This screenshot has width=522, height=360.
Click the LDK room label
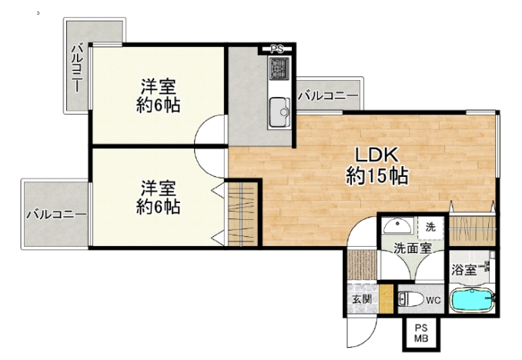pyautogui.click(x=376, y=155)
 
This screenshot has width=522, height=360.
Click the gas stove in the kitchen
pyautogui.click(x=279, y=68)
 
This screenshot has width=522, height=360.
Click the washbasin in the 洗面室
pyautogui.click(x=397, y=226)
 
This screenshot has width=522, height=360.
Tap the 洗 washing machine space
pyautogui.click(x=430, y=228)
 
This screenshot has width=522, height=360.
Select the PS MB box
pyautogui.click(x=421, y=333)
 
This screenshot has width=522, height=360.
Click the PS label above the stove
pyautogui.click(x=276, y=49)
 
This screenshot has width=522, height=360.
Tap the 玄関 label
pyautogui.click(x=362, y=299)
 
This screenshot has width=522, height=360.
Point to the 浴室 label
pyautogui.click(x=463, y=270)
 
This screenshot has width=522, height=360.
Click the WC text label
pyautogui.click(x=433, y=301)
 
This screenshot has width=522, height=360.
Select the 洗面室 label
pyautogui.click(x=413, y=248)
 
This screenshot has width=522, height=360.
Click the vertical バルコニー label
pyautogui.click(x=78, y=68)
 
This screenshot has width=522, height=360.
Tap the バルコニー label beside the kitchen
pyautogui.click(x=328, y=96)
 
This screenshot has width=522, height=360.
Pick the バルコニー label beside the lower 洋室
pyautogui.click(x=56, y=215)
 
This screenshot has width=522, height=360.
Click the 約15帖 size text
pyautogui.click(x=376, y=175)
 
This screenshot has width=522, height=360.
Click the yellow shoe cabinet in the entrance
pyautogui.click(x=386, y=299)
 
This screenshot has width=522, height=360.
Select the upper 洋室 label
pyautogui.click(x=158, y=87)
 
